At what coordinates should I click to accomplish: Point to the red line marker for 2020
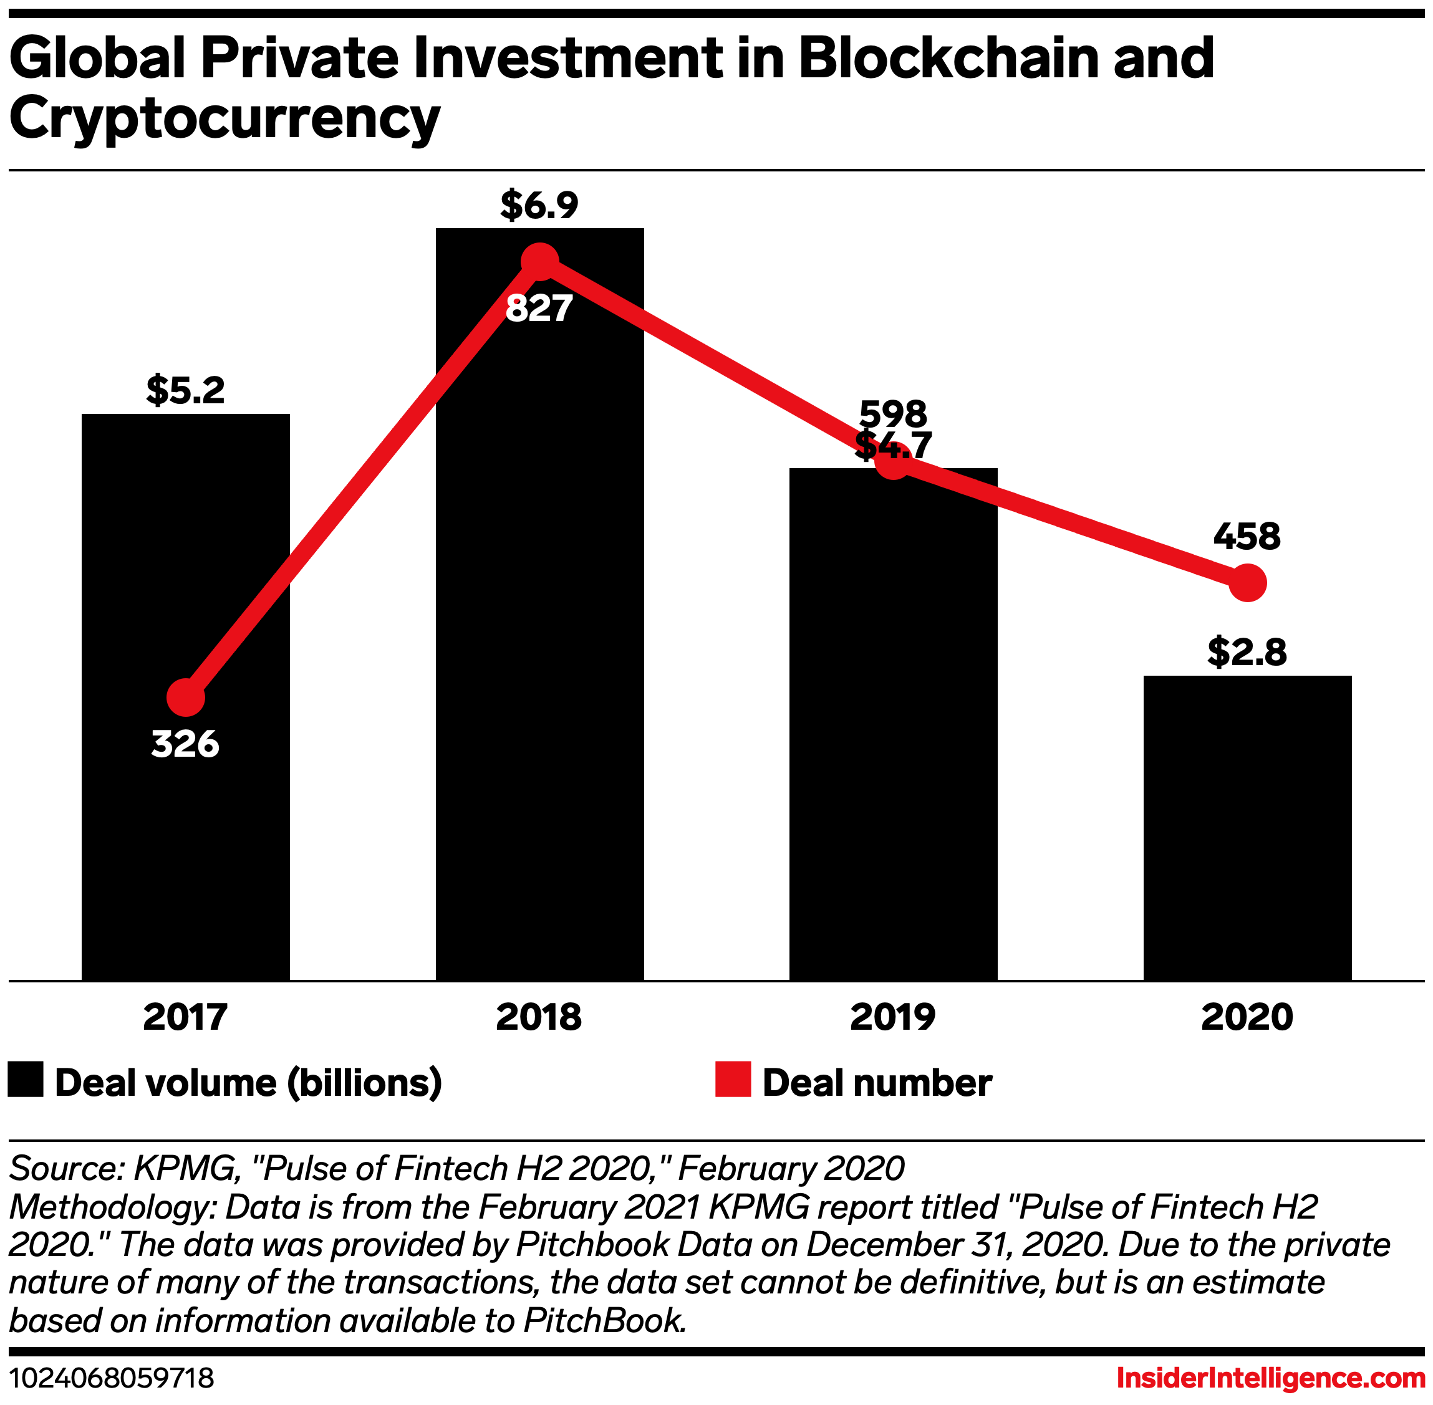1248,583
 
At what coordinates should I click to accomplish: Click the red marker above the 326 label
185,698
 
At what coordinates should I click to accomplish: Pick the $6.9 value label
539,205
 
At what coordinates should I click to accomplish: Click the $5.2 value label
185,390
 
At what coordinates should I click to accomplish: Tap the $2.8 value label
1247,652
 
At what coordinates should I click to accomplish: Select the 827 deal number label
539,309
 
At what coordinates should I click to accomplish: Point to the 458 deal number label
1247,537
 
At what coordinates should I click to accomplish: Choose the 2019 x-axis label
892,1017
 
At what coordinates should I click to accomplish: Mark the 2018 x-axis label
539,1017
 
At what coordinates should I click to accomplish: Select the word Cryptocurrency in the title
224,118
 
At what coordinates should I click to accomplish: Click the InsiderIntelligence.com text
1270,1378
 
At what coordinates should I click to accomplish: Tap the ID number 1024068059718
112,1378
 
